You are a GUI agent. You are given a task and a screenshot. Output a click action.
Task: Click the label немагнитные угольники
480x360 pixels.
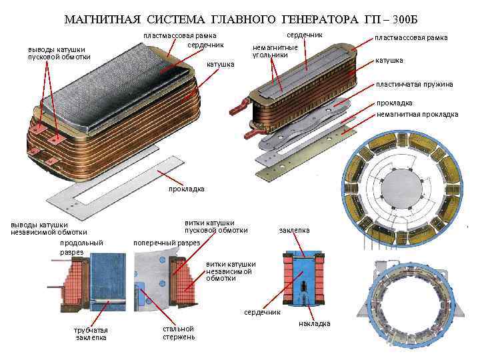[x=275, y=51]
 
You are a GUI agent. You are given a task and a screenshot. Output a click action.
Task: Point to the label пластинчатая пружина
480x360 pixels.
[x=414, y=84]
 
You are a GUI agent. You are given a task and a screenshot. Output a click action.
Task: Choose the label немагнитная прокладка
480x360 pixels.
[x=417, y=114]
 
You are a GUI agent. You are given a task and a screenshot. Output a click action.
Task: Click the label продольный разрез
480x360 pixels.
[x=81, y=247]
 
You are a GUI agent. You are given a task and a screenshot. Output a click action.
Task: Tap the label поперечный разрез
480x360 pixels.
[x=167, y=243]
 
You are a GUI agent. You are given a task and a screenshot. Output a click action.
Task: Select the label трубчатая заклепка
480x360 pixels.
[x=91, y=334]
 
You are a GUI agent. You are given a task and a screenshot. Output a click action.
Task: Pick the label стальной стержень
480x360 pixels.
[x=179, y=333]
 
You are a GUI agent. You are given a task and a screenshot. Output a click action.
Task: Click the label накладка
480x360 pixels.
[x=314, y=324]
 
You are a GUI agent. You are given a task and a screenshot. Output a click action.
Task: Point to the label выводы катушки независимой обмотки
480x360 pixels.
[x=48, y=228]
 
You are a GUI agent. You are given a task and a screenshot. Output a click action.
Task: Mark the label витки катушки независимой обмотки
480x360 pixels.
[x=231, y=271]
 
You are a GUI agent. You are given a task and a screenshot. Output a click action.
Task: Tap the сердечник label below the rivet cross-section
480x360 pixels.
[x=262, y=312]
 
